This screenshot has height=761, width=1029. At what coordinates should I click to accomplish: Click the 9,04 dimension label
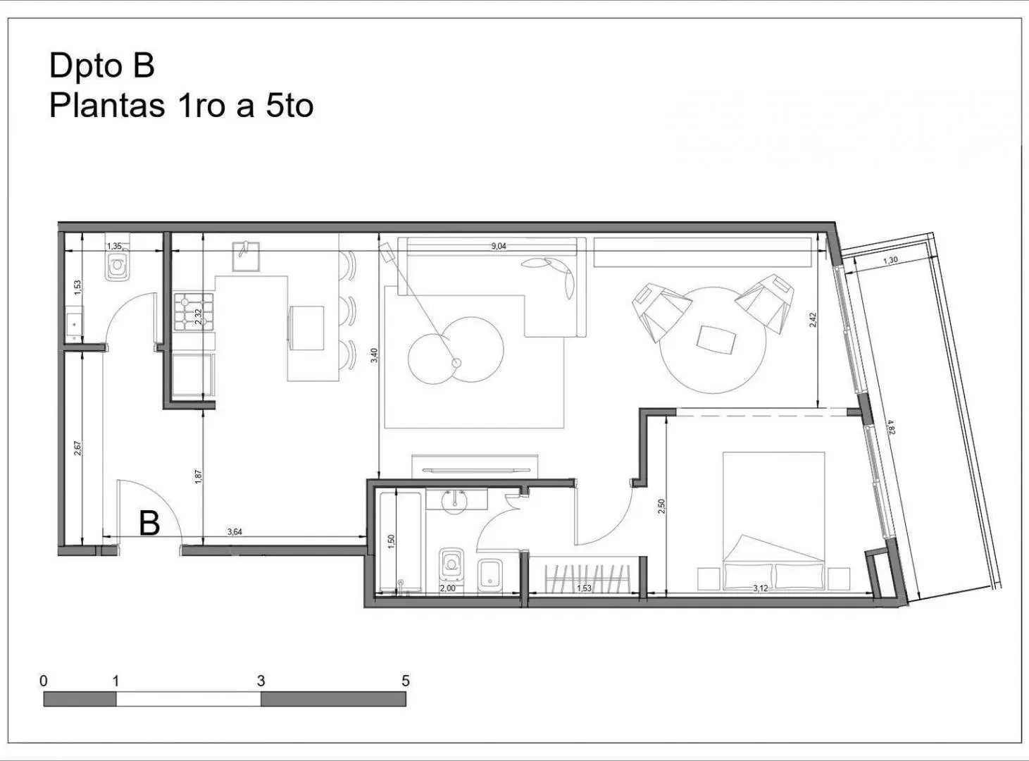499,246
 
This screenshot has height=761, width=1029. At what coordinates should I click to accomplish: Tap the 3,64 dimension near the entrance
235,532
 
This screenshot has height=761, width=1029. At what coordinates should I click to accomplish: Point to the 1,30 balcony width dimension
890,261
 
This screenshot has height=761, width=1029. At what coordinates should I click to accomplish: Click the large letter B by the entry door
149,524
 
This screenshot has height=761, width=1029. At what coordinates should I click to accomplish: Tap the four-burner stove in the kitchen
194,311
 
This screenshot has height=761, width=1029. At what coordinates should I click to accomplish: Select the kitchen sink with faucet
246,256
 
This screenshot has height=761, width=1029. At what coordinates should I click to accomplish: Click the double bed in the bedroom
774,521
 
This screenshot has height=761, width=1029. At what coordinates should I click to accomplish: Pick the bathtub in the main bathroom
400,543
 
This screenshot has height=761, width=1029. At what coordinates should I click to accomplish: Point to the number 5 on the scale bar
406,681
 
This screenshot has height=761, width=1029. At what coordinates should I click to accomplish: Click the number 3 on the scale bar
261,681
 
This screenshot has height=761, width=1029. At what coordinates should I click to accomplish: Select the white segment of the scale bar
188,699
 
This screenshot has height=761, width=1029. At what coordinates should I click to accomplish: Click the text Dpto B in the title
101,66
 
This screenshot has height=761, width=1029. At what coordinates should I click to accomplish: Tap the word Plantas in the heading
107,106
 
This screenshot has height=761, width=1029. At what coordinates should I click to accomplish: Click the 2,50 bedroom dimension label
661,506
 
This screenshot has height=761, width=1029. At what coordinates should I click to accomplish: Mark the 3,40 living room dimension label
375,355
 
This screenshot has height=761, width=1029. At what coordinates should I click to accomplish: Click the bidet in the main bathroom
490,576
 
